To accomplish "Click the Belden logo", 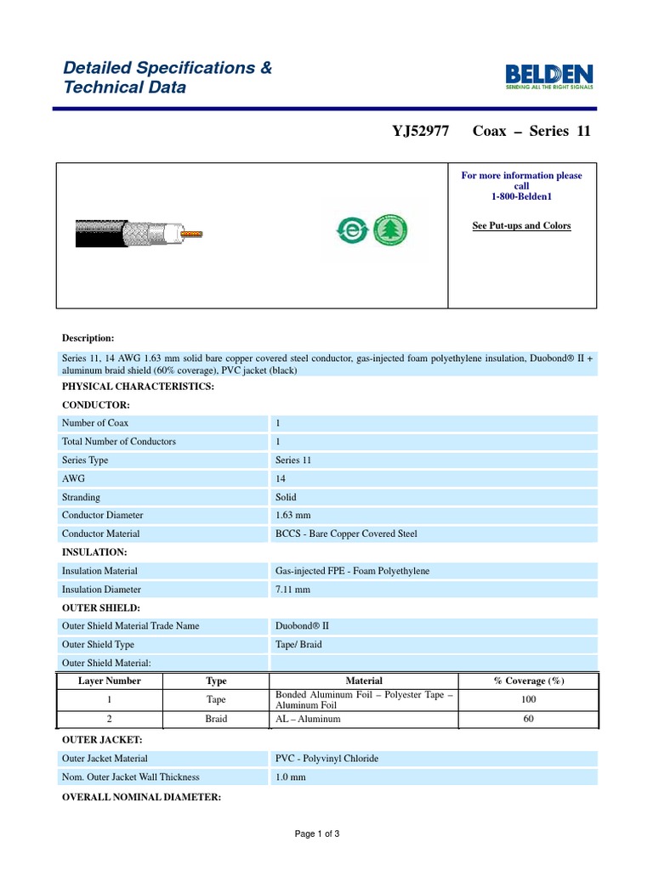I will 549,75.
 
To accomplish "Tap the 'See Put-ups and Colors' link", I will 521,226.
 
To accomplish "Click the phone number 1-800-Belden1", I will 521,196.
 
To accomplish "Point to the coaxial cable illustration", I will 136,232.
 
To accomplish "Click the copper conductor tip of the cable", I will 195,232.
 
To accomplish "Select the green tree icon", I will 392,229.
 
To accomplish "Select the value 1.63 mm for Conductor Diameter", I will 292,515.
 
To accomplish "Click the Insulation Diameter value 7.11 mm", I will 292,589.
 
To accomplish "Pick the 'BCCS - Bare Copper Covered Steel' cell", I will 346,534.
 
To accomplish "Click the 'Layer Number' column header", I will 110,681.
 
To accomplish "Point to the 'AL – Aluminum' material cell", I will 308,719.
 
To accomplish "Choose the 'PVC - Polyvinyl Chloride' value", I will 326,758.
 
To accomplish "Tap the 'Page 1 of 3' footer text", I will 317,833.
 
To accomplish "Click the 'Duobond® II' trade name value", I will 302,625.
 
